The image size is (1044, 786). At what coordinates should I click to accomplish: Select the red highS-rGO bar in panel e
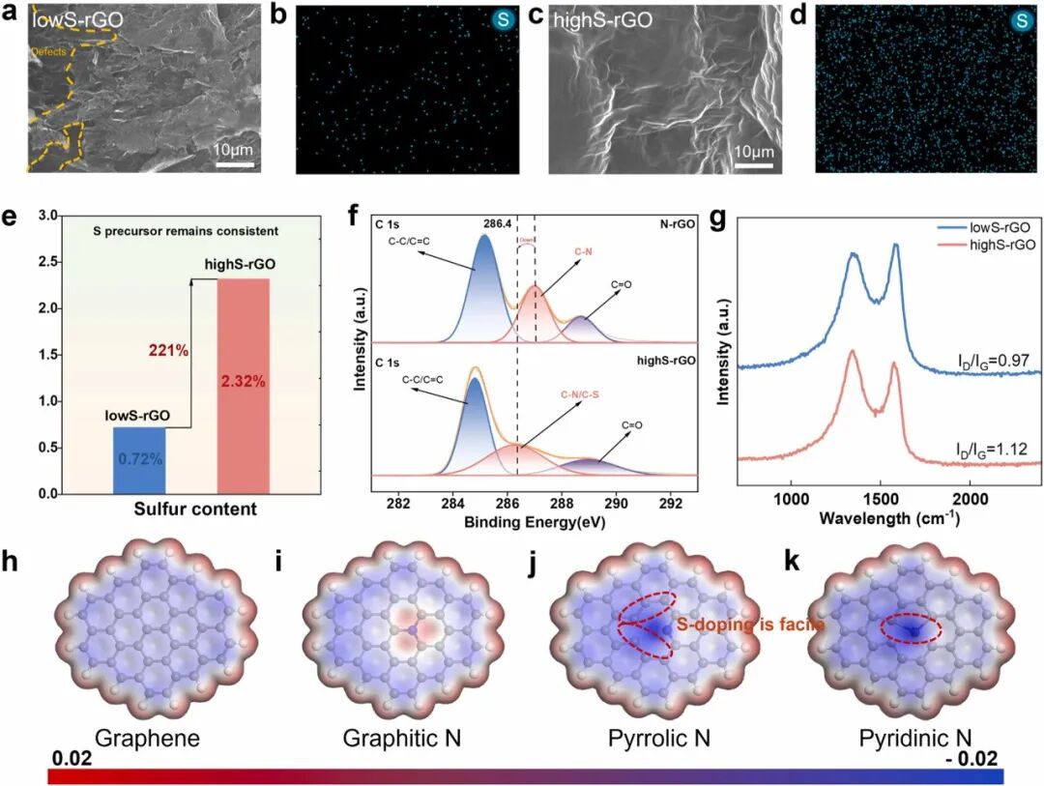[x=243, y=387]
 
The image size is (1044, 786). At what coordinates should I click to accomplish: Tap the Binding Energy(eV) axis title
[x=534, y=522]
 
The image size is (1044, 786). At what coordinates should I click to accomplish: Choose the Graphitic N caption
[x=402, y=740]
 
